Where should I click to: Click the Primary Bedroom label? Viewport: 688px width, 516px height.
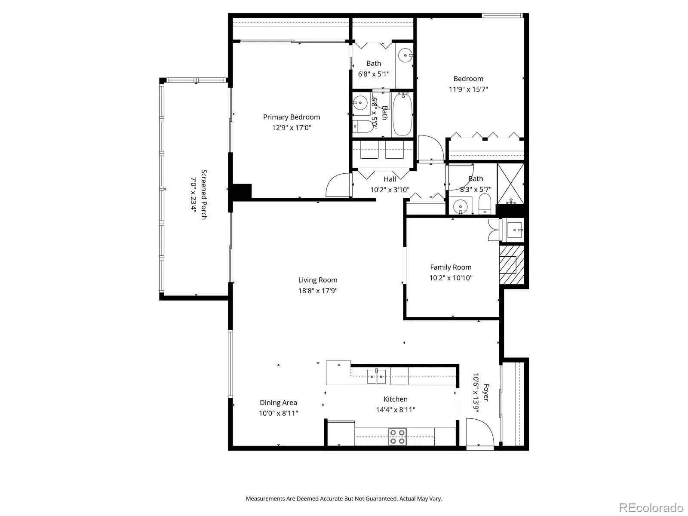pos(292,117)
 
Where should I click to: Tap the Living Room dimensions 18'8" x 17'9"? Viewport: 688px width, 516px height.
pos(318,291)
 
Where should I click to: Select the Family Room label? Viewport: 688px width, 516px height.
pos(451,267)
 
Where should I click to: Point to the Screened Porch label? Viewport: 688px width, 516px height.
pos(204,194)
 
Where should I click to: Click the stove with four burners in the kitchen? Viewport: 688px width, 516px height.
pos(397,437)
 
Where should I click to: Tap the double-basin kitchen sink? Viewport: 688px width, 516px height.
pos(376,376)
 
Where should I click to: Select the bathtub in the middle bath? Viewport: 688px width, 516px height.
pos(402,114)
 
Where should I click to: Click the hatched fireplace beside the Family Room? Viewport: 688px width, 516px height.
pos(512,265)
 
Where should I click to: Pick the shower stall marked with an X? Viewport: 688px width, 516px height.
pos(510,184)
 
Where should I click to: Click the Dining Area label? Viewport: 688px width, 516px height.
pos(278,402)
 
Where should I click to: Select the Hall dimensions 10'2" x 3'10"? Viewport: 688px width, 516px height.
pos(390,190)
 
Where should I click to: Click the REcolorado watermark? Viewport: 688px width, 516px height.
pos(651,507)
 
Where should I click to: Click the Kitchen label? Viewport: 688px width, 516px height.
pos(396,399)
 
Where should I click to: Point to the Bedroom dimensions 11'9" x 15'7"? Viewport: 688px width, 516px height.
pos(468,89)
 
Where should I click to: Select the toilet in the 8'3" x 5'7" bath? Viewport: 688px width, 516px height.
pos(485,204)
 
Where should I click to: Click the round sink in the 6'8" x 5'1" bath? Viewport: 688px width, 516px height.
pos(405,55)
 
